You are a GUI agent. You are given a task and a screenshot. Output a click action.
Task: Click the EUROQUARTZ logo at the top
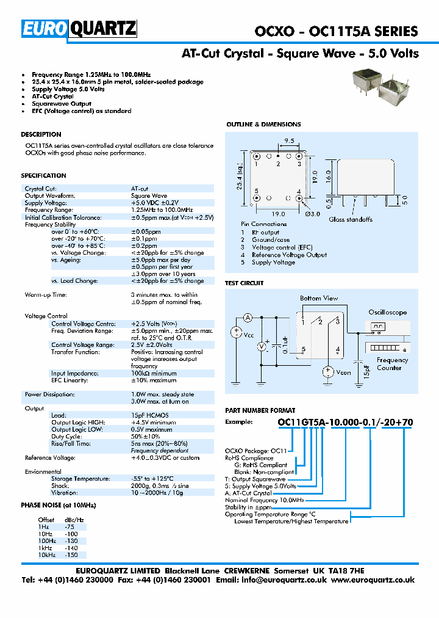[x=79, y=29]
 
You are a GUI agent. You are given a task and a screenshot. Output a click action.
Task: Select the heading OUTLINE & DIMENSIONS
[x=263, y=125]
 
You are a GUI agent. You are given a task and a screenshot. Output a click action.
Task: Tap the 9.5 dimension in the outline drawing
[x=288, y=141]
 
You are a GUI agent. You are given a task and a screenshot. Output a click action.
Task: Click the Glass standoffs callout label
[x=351, y=219]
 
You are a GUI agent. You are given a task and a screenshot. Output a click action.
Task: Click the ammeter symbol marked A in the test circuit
[x=248, y=318]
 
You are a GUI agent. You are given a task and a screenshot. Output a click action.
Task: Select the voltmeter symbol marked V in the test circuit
[x=262, y=346]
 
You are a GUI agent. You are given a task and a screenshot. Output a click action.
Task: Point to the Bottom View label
[x=318, y=298]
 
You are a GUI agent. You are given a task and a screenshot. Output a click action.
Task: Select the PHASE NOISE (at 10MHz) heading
[x=59, y=505]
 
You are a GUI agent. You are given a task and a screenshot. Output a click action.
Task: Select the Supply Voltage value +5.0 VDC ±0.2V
[x=155, y=203]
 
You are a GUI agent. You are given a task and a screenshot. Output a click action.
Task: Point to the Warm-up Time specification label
[x=46, y=295]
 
